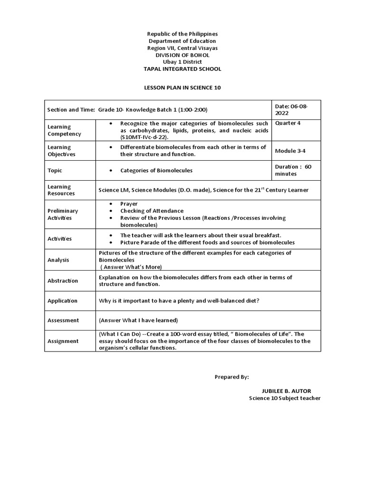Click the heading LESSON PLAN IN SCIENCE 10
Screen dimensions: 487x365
click(182, 88)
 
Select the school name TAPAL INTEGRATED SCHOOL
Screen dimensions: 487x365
click(182, 69)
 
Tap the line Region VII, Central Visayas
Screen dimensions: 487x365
click(182, 48)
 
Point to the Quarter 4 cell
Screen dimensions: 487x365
click(288, 123)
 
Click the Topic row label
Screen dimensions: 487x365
click(55, 170)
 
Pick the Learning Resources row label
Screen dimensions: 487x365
click(61, 190)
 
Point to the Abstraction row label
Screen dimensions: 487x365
click(63, 281)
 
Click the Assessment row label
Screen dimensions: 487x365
click(63, 320)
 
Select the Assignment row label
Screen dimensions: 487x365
click(63, 341)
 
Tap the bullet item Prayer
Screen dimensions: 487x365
click(129, 204)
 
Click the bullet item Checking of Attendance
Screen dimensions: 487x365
click(152, 211)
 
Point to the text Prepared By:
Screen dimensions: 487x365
click(231, 377)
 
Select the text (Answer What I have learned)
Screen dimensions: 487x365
click(138, 320)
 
